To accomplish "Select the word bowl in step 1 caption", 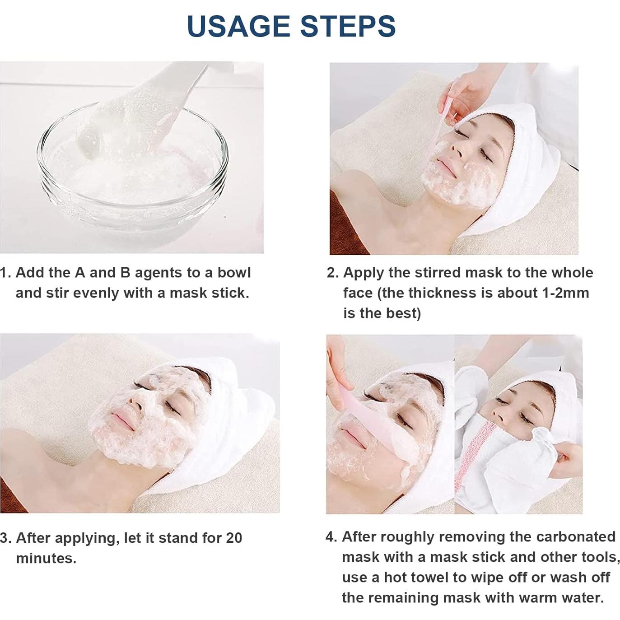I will click(x=234, y=273).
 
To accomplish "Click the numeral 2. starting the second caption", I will click(x=333, y=273).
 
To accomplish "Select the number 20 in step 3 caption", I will click(x=234, y=538).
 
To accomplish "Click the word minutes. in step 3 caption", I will click(x=46, y=558).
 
